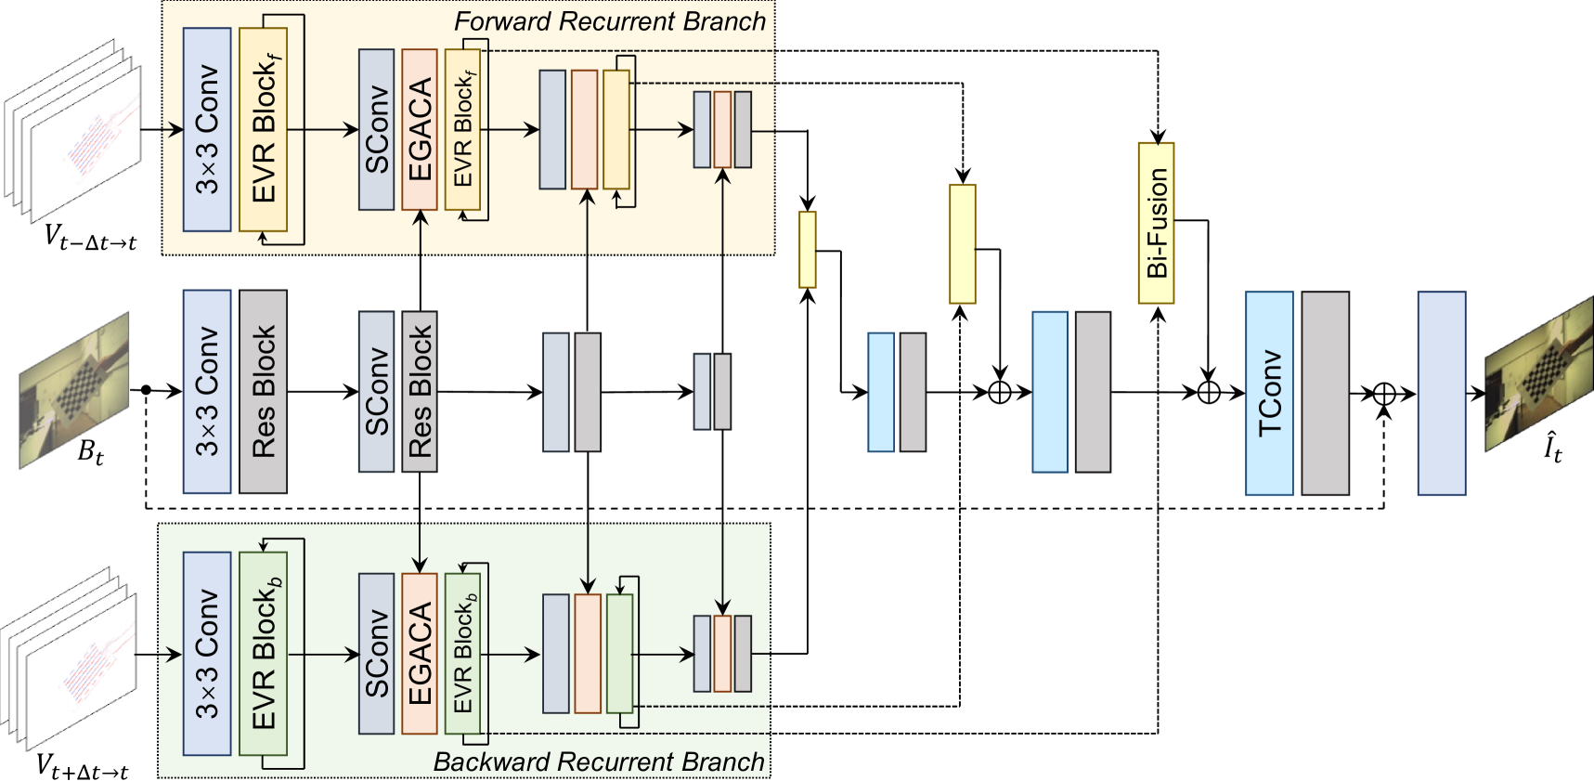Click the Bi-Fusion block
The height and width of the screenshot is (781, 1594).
pyautogui.click(x=1156, y=223)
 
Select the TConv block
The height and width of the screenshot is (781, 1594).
pyautogui.click(x=1268, y=393)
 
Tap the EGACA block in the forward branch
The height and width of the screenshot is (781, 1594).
pyautogui.click(x=420, y=130)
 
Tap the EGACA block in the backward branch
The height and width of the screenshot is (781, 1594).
pyautogui.click(x=420, y=654)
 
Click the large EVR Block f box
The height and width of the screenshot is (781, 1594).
pyautogui.click(x=263, y=130)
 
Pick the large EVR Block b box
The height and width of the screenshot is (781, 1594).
pyautogui.click(x=263, y=654)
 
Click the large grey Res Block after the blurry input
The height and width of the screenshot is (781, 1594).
pyautogui.click(x=263, y=392)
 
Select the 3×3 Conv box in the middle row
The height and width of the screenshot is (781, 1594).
pyautogui.click(x=207, y=392)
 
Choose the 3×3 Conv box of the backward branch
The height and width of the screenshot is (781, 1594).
pyautogui.click(x=207, y=654)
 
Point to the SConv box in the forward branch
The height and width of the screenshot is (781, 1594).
pyautogui.click(x=376, y=130)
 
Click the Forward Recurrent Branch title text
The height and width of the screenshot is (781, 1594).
pyautogui.click(x=610, y=21)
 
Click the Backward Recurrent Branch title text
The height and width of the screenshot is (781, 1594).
pyautogui.click(x=599, y=762)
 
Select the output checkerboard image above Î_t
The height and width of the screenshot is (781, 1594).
pyautogui.click(x=1539, y=371)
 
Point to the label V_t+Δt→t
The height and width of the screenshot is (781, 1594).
pyautogui.click(x=82, y=766)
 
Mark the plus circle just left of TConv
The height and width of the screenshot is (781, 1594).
pyautogui.click(x=1208, y=393)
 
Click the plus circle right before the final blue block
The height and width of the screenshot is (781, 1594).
pyautogui.click(x=1383, y=394)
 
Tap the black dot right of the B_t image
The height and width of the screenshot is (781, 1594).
pyautogui.click(x=146, y=390)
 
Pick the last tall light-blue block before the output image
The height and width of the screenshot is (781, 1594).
pyautogui.click(x=1441, y=393)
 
